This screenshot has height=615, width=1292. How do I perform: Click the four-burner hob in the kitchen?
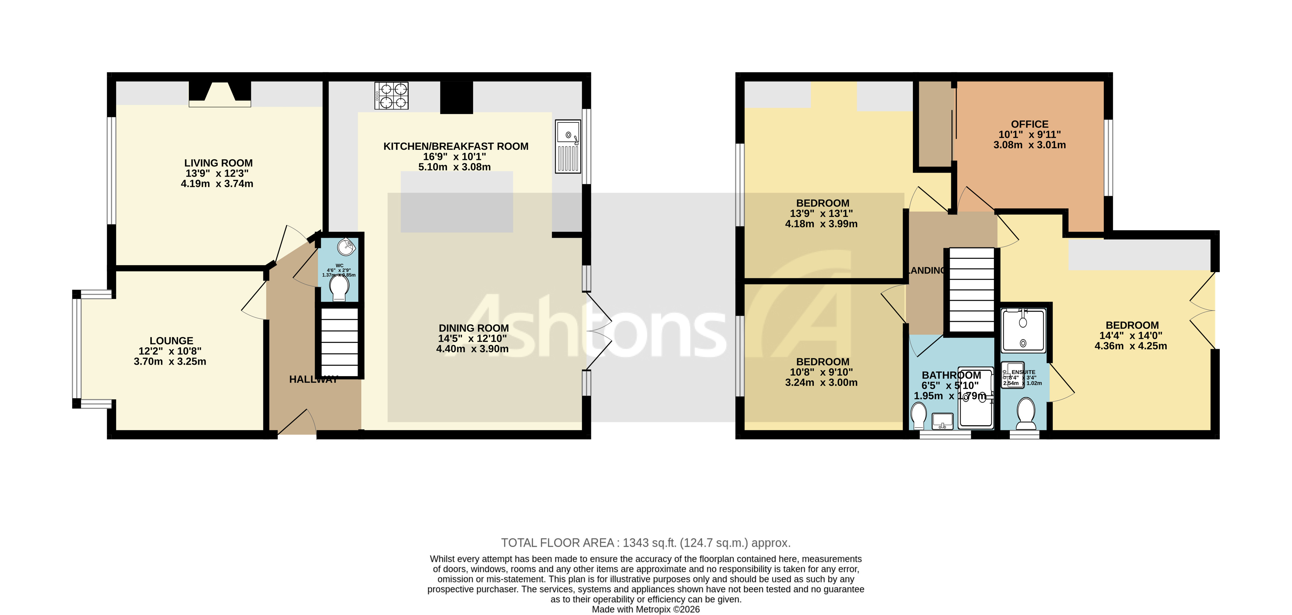(391, 95)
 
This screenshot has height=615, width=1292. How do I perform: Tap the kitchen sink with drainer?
(568, 147)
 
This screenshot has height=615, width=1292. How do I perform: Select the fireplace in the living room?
(220, 94)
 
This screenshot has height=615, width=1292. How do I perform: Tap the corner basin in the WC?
(346, 247)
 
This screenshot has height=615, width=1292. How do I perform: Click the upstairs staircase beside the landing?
(971, 290)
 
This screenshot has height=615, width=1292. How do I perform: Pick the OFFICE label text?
(1029, 124)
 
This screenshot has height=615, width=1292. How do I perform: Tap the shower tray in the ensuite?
(1023, 330)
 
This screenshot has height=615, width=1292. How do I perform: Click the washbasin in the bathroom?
(942, 421)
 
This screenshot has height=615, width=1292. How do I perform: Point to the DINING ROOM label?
(473, 328)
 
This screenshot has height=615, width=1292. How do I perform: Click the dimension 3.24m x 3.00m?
(821, 383)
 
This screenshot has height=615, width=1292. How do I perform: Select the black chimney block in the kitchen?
(456, 97)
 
